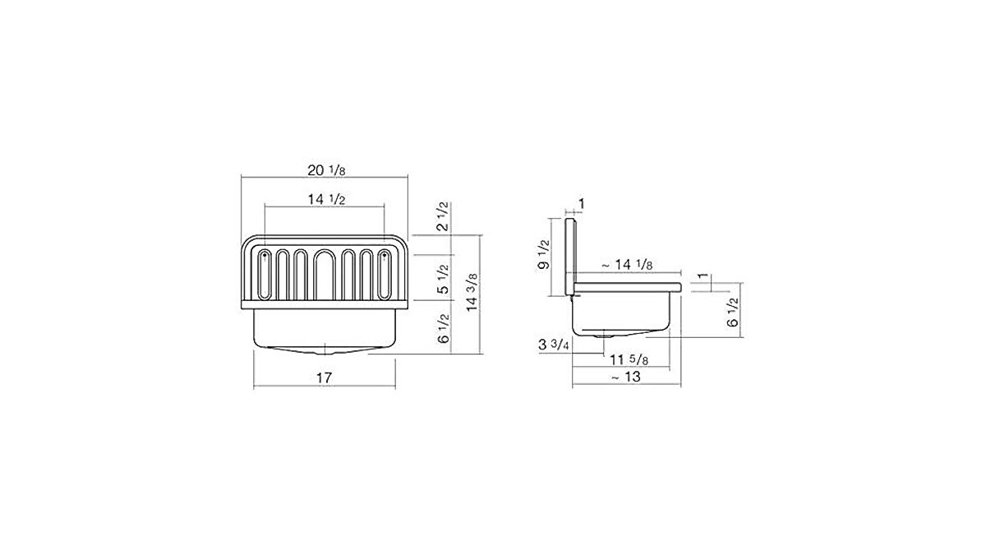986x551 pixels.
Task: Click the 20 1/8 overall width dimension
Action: (x=326, y=170)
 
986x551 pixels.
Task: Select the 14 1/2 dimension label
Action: (x=326, y=200)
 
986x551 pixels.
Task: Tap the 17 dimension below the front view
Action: (x=325, y=378)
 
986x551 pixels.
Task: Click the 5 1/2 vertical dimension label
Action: (x=443, y=280)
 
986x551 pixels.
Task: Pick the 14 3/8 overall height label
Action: (x=472, y=293)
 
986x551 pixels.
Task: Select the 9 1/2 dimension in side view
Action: (x=545, y=255)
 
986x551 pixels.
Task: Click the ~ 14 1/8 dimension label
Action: (x=627, y=265)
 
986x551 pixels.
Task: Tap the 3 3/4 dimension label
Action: (x=554, y=345)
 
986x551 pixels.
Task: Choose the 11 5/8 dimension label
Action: (x=629, y=360)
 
